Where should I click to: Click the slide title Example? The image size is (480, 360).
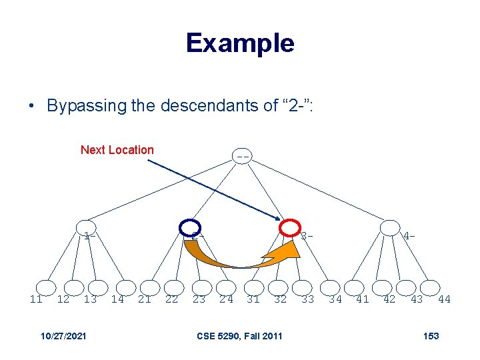pyautogui.click(x=240, y=43)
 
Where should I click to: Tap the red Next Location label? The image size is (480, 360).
pyautogui.click(x=117, y=150)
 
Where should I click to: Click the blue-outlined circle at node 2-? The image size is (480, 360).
pyautogui.click(x=191, y=227)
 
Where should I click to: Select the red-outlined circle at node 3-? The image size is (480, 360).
pyautogui.click(x=289, y=227)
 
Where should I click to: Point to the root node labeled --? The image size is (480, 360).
pyautogui.click(x=243, y=157)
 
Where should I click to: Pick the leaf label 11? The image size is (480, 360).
pyautogui.click(x=36, y=299)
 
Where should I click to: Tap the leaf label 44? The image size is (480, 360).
pyautogui.click(x=444, y=299)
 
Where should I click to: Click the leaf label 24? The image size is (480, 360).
pyautogui.click(x=227, y=299)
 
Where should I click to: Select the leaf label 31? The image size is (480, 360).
pyautogui.click(x=254, y=299)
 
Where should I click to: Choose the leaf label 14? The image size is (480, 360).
pyautogui.click(x=117, y=299)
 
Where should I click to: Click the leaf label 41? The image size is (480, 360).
pyautogui.click(x=363, y=299)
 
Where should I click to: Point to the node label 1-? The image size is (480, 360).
pyautogui.click(x=90, y=235)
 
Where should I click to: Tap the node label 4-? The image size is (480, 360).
pyautogui.click(x=409, y=235)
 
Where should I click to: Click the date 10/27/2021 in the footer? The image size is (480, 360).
pyautogui.click(x=63, y=335)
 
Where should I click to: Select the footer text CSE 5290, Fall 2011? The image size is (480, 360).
pyautogui.click(x=239, y=335)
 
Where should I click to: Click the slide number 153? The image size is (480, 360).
pyautogui.click(x=431, y=335)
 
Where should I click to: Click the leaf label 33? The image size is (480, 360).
pyautogui.click(x=307, y=299)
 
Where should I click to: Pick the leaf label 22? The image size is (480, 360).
pyautogui.click(x=171, y=299)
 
